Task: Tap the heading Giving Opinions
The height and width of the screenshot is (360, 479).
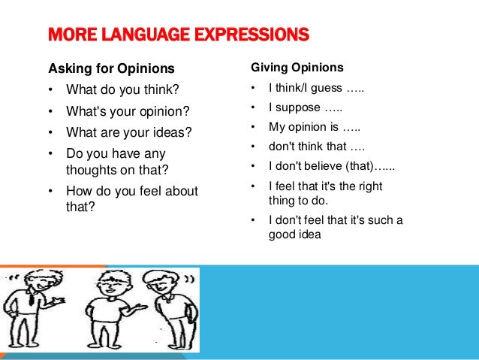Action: tap(297, 68)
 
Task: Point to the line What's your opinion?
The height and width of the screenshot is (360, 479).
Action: tap(128, 112)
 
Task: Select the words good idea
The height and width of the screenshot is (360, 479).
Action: tap(294, 234)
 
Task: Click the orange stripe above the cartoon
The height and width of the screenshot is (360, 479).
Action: tap(53, 265)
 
